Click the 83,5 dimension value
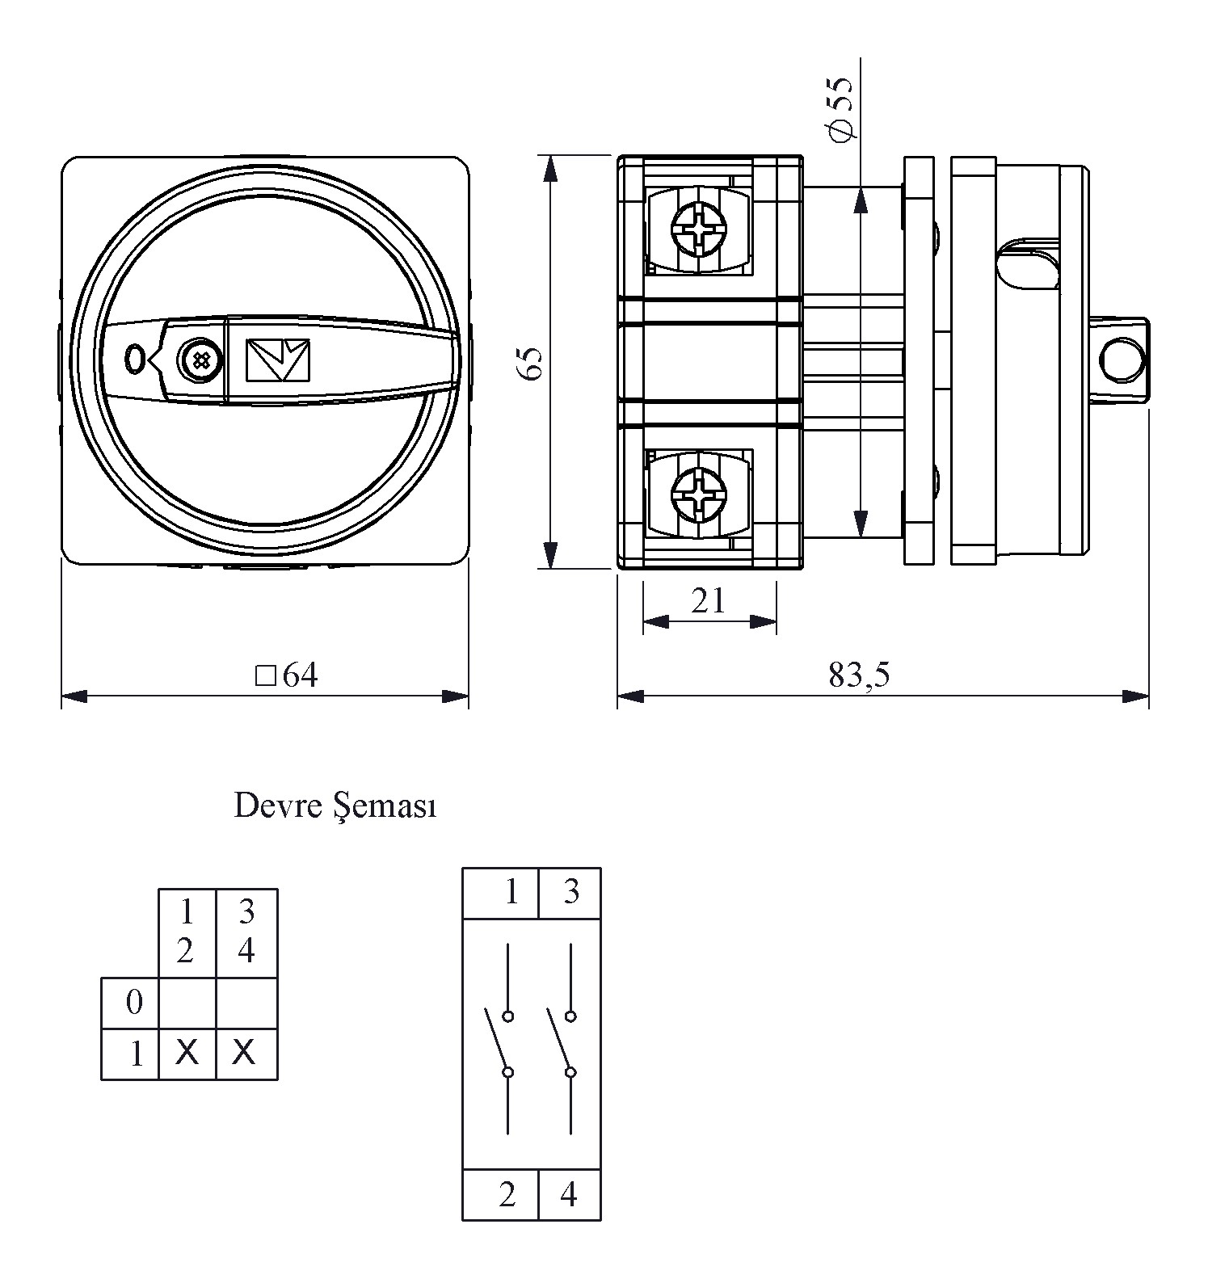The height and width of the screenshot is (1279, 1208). click(x=858, y=675)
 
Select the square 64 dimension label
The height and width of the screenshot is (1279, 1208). click(x=288, y=675)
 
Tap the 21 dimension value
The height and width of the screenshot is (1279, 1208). click(x=709, y=601)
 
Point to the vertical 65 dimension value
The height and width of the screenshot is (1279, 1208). click(x=529, y=363)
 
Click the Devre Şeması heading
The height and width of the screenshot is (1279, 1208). click(x=335, y=806)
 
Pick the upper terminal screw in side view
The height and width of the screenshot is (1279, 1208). click(x=700, y=229)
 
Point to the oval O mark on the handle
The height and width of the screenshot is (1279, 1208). click(x=134, y=359)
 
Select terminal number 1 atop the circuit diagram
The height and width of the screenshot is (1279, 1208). click(x=511, y=892)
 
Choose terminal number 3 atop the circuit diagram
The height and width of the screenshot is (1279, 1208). click(x=571, y=892)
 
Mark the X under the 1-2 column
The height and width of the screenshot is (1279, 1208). click(x=187, y=1053)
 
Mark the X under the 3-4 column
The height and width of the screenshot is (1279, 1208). click(x=244, y=1053)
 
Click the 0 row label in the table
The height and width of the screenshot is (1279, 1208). click(x=134, y=1003)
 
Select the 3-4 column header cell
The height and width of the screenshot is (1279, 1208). click(x=246, y=932)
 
